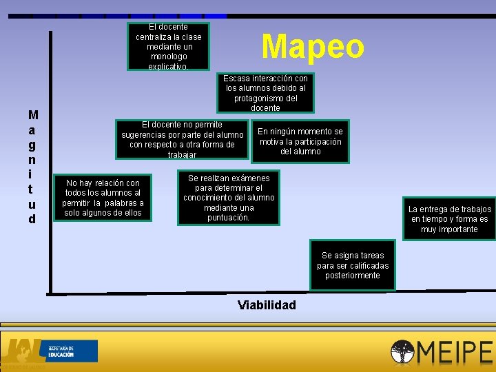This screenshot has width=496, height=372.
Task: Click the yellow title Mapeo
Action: pos(313,47)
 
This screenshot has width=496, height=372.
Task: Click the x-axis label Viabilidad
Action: pos(267,305)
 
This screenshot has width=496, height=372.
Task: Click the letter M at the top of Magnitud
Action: pos(33,114)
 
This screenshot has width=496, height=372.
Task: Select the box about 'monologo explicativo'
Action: pos(169,47)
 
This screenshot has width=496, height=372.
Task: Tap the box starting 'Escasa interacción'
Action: pos(265,93)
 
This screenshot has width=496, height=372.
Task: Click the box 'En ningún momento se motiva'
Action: pos(300,141)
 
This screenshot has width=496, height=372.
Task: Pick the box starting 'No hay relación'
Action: pos(103,198)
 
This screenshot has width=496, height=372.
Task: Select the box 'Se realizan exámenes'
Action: pos(229,198)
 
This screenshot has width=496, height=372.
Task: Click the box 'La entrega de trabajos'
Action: pos(450,219)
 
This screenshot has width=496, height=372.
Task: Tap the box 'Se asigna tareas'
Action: pos(353,265)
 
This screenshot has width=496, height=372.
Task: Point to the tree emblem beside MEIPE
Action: pos(402,352)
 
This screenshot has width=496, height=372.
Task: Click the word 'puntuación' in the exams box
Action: pos(229,218)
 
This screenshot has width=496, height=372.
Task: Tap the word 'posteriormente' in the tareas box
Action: pos(353,276)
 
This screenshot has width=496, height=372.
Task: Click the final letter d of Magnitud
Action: pos(32,219)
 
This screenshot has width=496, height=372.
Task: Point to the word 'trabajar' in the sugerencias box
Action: pos(182,155)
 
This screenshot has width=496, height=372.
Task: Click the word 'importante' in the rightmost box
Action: pos(450,229)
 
